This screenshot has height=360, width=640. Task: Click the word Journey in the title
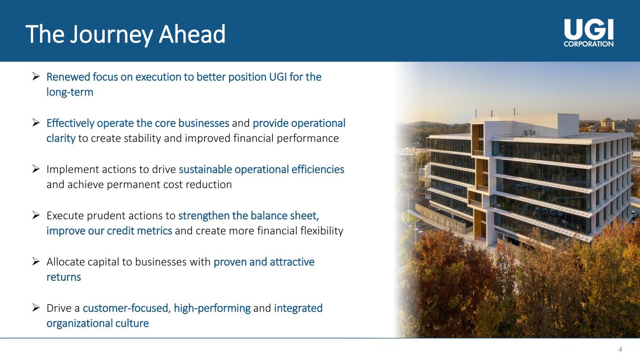(x=112, y=35)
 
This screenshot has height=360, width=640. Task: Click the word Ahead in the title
(x=192, y=34)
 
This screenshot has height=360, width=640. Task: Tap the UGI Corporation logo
(x=588, y=33)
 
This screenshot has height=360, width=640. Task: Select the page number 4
(x=620, y=349)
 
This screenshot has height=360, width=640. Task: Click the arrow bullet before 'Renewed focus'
(x=36, y=76)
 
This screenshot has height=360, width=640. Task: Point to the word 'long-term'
(x=70, y=92)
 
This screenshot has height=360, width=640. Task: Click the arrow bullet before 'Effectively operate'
(x=36, y=122)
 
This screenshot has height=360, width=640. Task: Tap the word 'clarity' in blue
(x=61, y=139)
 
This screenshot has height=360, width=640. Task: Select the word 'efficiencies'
(x=318, y=169)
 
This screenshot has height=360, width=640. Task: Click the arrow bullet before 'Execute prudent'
(x=36, y=215)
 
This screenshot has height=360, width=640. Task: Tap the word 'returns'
(x=64, y=277)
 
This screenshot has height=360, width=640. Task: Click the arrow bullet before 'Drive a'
(x=36, y=307)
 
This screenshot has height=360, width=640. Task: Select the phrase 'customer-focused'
(x=126, y=308)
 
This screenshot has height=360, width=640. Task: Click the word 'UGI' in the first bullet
(x=278, y=77)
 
